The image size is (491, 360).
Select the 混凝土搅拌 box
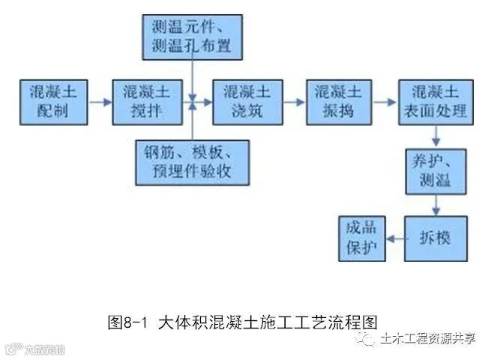(x=148, y=101)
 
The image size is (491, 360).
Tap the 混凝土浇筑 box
(x=245, y=101)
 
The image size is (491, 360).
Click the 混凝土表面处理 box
(x=436, y=101)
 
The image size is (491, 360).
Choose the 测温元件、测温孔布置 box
(x=193, y=37)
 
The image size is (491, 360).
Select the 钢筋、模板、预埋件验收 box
(x=193, y=162)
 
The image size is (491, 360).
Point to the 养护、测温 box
(x=436, y=172)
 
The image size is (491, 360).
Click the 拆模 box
(x=436, y=239)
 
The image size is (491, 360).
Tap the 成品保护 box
(x=361, y=239)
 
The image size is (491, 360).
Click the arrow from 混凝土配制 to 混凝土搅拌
(x=100, y=101)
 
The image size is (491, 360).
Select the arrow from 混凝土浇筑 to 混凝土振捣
(x=293, y=101)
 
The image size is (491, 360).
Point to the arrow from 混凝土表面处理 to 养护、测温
(x=436, y=136)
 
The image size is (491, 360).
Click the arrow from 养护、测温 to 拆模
(x=436, y=205)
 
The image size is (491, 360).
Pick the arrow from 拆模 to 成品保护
(x=394, y=239)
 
